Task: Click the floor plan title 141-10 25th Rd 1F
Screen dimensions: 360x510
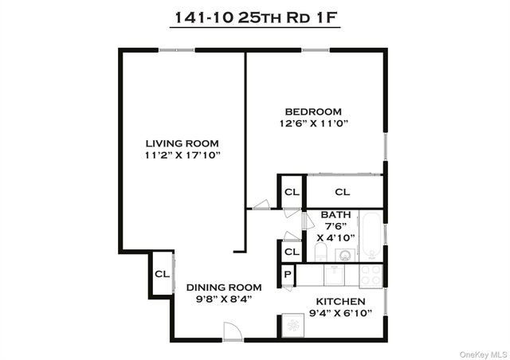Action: click(x=254, y=18)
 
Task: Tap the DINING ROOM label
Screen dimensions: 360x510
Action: click(x=224, y=288)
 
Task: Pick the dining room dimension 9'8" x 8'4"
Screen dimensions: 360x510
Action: click(x=224, y=299)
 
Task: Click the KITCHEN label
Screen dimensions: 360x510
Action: click(x=340, y=302)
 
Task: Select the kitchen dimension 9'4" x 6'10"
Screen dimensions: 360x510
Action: click(x=340, y=314)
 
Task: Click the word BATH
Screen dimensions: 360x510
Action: click(x=335, y=215)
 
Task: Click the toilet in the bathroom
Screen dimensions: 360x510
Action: click(x=320, y=252)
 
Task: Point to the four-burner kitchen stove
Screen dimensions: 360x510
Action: click(x=371, y=276)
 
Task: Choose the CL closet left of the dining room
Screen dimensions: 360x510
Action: click(x=162, y=274)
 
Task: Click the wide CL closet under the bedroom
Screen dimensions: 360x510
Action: click(x=342, y=192)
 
